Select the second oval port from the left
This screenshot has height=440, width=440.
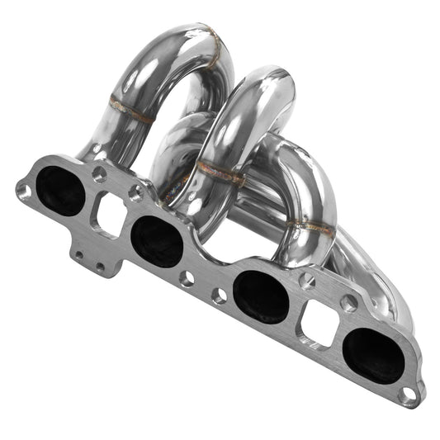[x=156, y=242]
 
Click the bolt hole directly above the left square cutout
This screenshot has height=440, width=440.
[x=99, y=174]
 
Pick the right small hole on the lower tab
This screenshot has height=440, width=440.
[x=100, y=266]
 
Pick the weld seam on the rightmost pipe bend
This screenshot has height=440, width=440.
[x=314, y=225]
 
